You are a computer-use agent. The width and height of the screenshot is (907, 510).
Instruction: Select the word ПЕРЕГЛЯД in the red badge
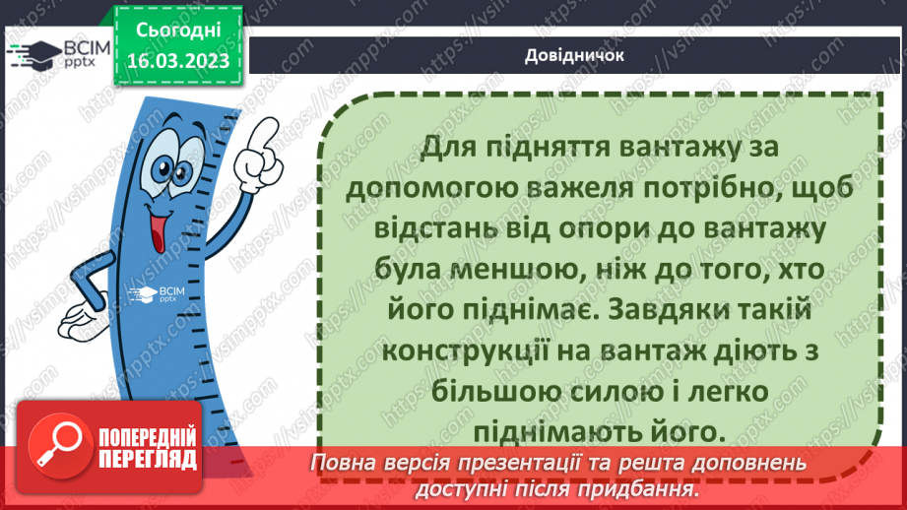coord(148,459)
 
